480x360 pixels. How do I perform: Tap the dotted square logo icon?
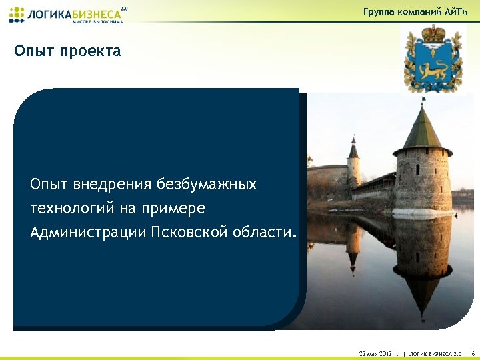17,15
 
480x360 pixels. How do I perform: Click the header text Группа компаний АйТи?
421,12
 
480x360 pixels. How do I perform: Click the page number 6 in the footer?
472,353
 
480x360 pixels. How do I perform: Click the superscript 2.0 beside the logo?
123,9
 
